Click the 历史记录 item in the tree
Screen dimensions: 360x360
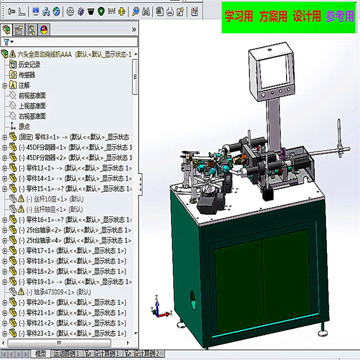tap(29, 64)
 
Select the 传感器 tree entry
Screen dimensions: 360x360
tap(26, 75)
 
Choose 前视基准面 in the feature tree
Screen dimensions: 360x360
tap(32, 96)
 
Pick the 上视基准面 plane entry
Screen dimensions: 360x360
tap(32, 106)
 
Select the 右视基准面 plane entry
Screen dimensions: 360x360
tap(32, 116)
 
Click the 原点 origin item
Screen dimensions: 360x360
tap(24, 127)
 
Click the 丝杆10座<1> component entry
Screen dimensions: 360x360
tap(48, 199)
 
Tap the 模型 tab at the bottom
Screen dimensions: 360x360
tap(41, 354)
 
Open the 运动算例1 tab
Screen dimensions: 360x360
tap(66, 354)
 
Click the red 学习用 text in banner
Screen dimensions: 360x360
tap(239, 17)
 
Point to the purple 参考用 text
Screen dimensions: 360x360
tap(340, 17)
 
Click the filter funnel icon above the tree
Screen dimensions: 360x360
tap(6, 42)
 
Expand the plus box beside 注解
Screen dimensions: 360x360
tap(5, 85)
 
